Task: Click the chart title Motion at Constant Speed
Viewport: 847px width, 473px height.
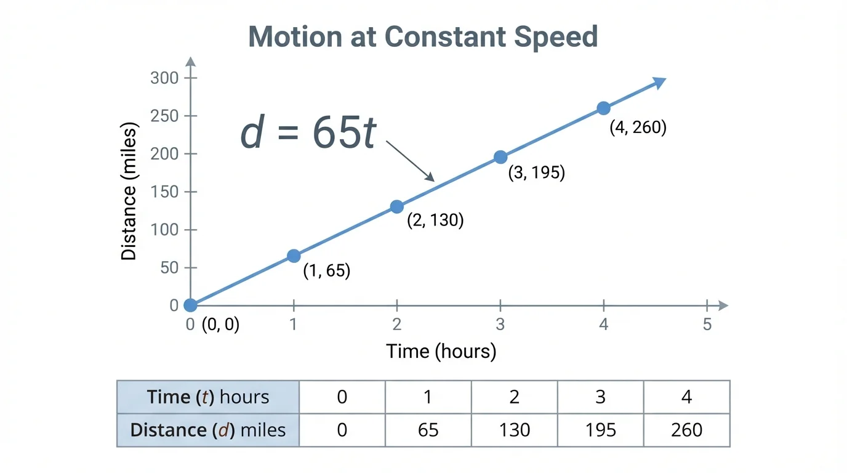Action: (x=423, y=37)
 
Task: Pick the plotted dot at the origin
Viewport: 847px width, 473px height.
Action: (x=190, y=305)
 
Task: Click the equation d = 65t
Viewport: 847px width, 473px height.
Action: (x=308, y=134)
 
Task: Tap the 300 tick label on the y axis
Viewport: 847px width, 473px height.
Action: (x=164, y=78)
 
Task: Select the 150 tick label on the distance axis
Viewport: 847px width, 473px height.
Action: (x=164, y=192)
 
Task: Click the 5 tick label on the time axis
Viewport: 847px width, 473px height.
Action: (x=707, y=324)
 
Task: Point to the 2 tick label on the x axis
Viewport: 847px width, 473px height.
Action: (x=397, y=324)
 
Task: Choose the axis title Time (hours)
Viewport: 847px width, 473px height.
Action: (x=441, y=352)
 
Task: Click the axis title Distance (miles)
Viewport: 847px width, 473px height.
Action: (x=129, y=192)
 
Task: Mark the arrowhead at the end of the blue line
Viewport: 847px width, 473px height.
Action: (x=660, y=82)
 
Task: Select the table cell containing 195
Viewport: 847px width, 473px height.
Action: (x=601, y=429)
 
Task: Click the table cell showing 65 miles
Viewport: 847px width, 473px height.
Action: (x=428, y=429)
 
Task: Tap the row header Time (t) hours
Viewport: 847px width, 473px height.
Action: (x=208, y=397)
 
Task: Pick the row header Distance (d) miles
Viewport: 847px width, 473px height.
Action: (x=208, y=429)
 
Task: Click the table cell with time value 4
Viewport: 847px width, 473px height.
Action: (x=687, y=397)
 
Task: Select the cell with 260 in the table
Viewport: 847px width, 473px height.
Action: (x=687, y=429)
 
